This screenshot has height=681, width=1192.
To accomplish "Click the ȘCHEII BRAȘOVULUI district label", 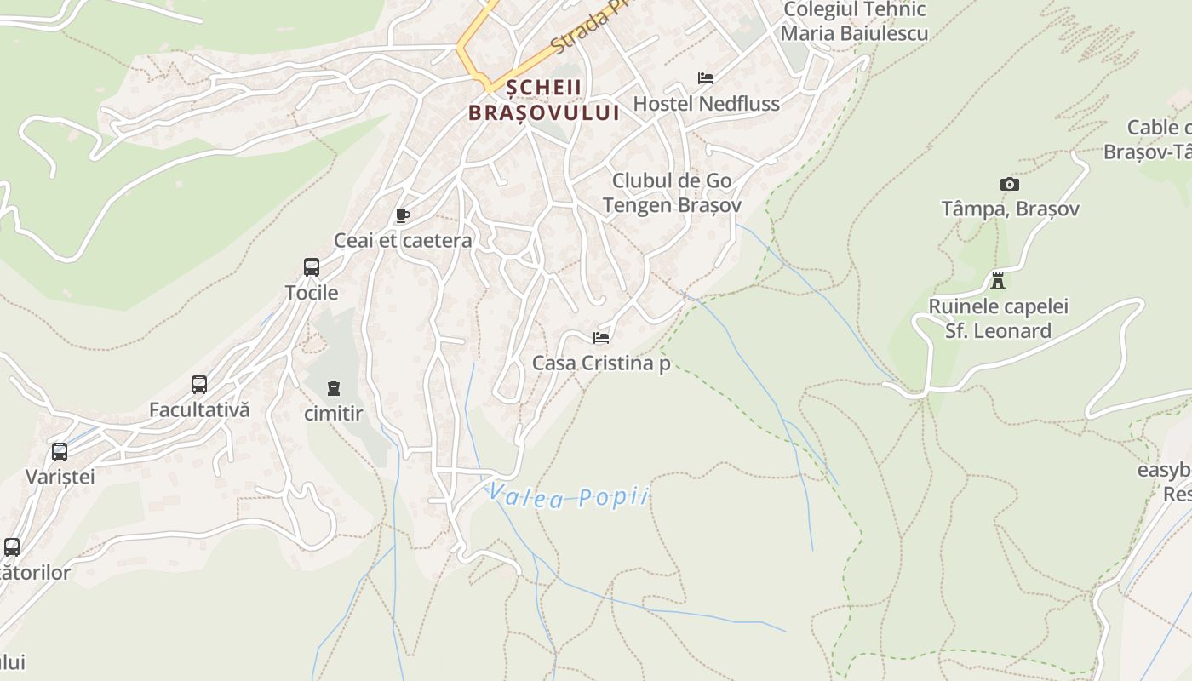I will coord(544,100).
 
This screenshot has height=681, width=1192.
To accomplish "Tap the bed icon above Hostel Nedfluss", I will coord(706,78).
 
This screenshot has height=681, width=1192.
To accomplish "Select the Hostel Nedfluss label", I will coord(706,104).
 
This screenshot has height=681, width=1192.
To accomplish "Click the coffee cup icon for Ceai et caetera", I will coord(403,216).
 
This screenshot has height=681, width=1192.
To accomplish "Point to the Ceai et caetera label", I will coord(403,240).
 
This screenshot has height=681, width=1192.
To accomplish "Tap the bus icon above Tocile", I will coord(312,267).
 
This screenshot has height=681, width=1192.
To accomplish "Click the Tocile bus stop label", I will coord(312,293).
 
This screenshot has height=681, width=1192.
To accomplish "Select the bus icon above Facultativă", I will coord(199,385).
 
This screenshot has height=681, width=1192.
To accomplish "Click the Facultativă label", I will coord(199,409).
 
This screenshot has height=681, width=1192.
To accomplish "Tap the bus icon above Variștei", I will coord(60,452).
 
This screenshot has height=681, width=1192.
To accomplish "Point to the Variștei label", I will coord(60,477).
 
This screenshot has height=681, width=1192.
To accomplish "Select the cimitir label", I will coord(333,415).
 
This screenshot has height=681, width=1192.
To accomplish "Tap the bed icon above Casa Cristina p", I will coord(601,338).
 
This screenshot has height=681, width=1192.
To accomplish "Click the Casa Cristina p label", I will coord(601,363).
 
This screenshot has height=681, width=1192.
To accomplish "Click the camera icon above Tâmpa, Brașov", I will coord(1009,184).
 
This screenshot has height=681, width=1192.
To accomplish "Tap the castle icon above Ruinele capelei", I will coord(998,281).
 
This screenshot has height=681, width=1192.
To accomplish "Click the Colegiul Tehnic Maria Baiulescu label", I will coord(854,22).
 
